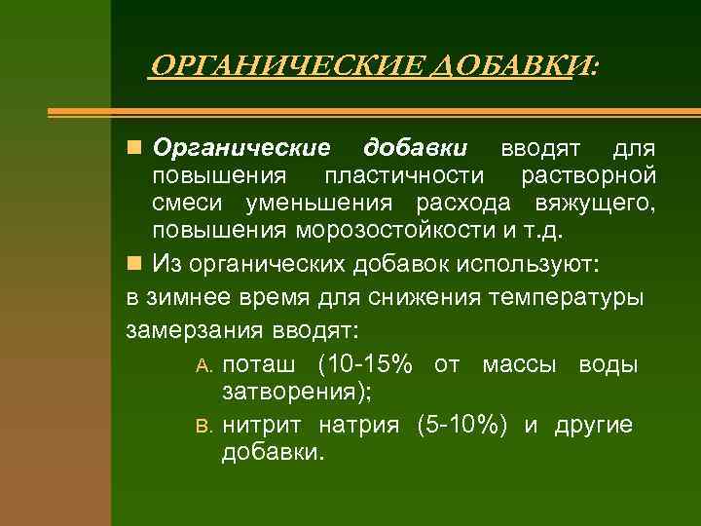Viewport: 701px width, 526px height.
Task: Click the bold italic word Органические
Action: point(242,148)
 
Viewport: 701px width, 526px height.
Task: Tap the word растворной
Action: point(588,176)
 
